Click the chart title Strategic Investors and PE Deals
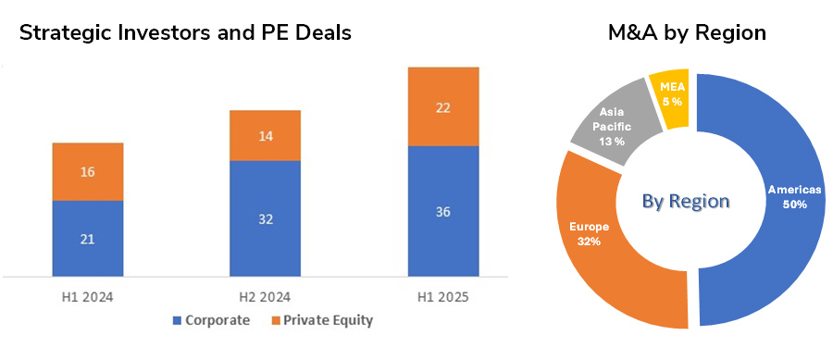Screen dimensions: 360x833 [185, 32]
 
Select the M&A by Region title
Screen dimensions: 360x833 [687, 32]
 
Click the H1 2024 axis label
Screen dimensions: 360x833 [87, 296]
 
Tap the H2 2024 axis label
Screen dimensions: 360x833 [265, 296]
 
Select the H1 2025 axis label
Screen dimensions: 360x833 [442, 296]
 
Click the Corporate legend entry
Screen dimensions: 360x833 [210, 320]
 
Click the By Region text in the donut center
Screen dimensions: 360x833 [687, 201]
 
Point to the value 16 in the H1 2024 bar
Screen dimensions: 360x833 [87, 172]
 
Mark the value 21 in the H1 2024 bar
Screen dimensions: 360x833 [87, 239]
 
